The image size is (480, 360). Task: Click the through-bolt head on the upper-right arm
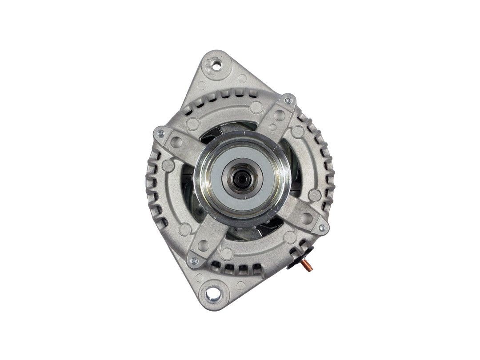288,100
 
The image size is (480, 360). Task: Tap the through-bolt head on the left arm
160,133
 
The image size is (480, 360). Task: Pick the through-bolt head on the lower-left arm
193,261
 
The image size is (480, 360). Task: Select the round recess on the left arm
176,142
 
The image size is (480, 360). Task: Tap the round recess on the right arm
306,218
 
